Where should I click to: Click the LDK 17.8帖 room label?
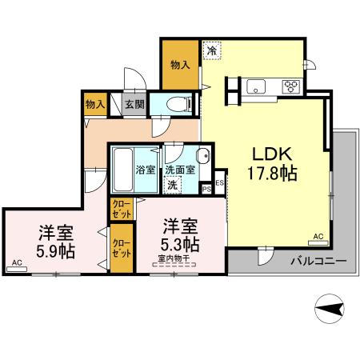(x=275, y=162)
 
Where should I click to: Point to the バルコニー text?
(x=318, y=262)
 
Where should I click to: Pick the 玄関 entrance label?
(x=134, y=104)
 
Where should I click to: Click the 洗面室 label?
(x=180, y=170)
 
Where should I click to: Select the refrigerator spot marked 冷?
(x=212, y=50)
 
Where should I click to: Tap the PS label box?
(x=206, y=189)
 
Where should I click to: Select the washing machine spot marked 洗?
(x=174, y=185)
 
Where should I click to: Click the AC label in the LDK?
(x=318, y=238)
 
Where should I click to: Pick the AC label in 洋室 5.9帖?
(x=18, y=262)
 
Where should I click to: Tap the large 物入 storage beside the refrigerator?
(x=180, y=64)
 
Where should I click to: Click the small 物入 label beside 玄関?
(x=95, y=104)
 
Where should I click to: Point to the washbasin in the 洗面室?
(x=203, y=157)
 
